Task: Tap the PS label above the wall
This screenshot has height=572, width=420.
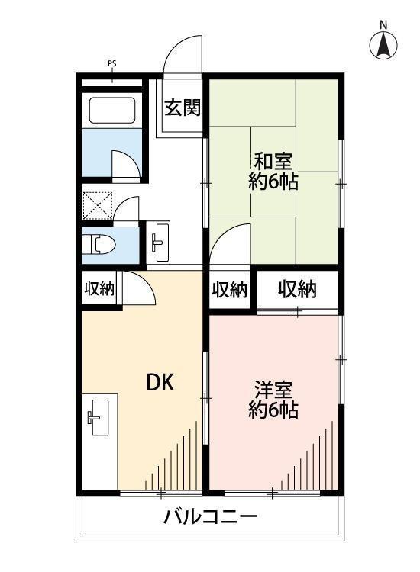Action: coord(111,64)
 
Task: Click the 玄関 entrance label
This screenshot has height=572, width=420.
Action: coord(183,108)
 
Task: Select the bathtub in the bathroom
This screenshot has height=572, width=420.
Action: coord(112,110)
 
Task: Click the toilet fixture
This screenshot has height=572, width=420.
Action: coord(99,244)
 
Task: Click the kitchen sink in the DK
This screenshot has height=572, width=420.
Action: coord(99,417)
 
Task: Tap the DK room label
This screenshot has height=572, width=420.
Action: coord(160,384)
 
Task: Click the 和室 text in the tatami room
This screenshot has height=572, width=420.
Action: coord(273,162)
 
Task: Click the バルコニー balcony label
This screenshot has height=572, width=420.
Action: coord(210,517)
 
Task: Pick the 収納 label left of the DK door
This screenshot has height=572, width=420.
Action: coord(99,289)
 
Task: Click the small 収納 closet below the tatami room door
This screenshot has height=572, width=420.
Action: coord(230,291)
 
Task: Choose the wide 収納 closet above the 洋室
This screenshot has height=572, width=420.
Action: coord(297,290)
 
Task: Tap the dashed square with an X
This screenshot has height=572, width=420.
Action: coord(97,206)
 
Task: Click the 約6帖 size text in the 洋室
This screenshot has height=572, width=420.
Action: coord(273,410)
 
